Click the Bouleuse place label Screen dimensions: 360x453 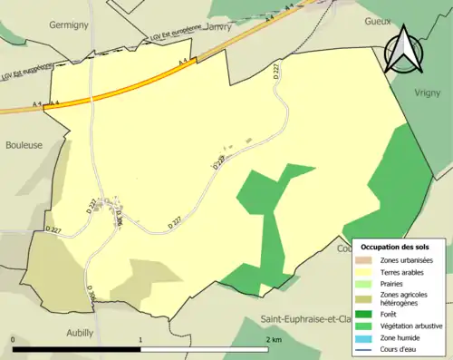(x=24, y=143)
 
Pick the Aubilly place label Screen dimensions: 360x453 (x=80, y=333)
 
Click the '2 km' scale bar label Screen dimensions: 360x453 (x=275, y=338)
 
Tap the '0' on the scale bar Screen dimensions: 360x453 (x=14, y=338)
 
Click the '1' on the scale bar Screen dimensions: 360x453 (x=141, y=338)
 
